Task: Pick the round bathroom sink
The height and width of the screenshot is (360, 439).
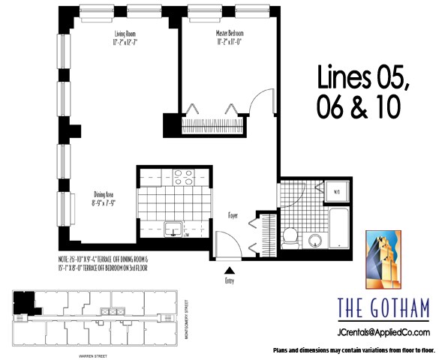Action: (x=315, y=240)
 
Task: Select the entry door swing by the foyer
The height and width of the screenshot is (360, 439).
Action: (x=225, y=244)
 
